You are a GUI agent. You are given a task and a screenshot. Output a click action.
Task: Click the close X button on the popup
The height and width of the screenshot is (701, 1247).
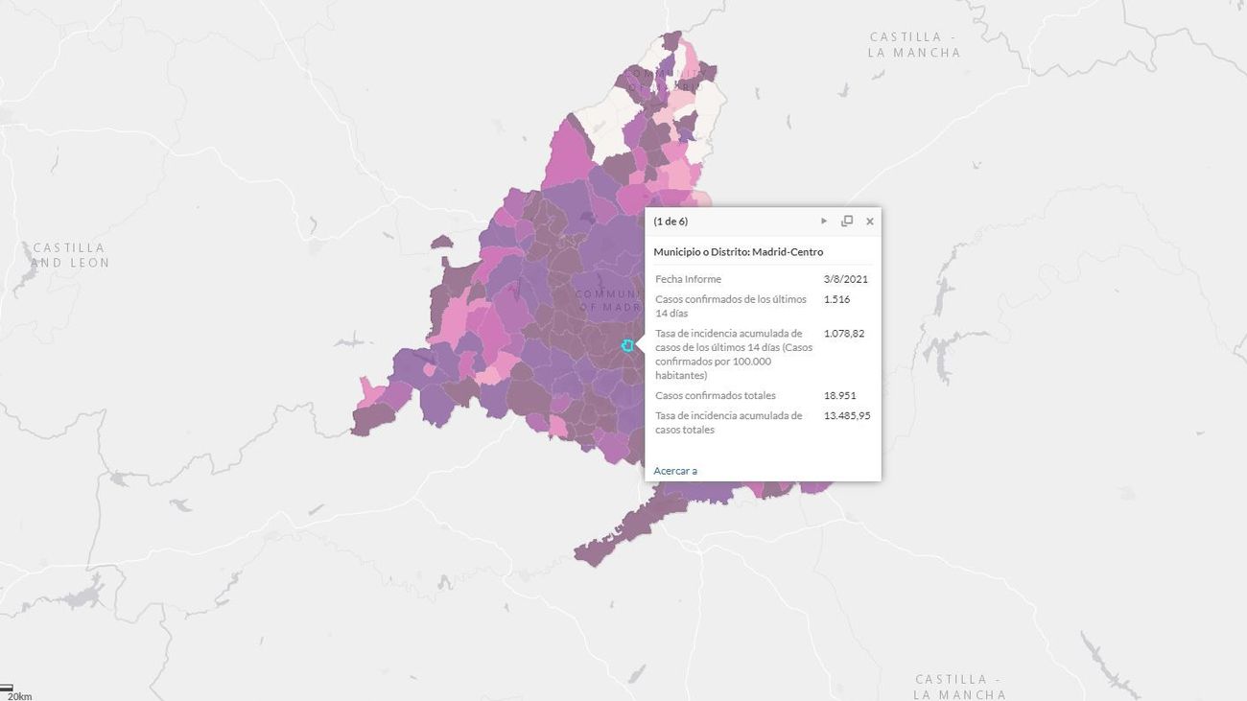[x=870, y=222]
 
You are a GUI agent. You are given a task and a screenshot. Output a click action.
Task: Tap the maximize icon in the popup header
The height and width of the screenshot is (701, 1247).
[x=847, y=222]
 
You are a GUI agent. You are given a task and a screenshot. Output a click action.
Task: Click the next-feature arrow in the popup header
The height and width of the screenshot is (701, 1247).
[x=824, y=222]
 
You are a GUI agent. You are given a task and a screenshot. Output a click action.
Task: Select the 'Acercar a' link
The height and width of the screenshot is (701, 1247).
[x=675, y=471]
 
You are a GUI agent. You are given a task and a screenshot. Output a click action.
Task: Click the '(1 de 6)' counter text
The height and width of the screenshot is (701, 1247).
[x=671, y=222]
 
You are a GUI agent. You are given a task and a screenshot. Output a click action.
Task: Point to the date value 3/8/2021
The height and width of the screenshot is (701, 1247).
[x=845, y=279]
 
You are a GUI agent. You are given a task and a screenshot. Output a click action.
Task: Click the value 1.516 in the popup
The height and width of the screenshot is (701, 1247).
[x=836, y=299]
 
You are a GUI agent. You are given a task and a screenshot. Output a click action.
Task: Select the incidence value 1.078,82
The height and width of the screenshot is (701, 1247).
[x=844, y=334]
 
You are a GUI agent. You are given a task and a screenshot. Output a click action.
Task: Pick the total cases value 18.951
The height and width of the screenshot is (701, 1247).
[x=839, y=395]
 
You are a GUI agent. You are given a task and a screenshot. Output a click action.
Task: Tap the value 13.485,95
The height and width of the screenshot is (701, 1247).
[x=847, y=415]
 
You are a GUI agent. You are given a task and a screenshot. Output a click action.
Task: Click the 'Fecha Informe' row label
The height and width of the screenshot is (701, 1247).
[x=688, y=279]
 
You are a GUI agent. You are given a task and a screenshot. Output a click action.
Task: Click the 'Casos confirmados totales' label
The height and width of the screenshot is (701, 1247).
[x=716, y=395]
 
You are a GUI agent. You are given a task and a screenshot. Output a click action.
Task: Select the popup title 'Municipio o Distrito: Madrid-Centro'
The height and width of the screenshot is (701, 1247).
[x=738, y=251]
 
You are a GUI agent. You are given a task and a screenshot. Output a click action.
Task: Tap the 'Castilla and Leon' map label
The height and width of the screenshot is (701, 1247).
[x=70, y=255]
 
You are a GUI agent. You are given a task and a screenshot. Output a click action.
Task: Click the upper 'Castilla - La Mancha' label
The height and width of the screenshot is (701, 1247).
[x=914, y=45]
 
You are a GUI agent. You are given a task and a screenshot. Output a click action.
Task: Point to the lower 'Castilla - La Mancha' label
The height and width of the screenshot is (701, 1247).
[x=959, y=687]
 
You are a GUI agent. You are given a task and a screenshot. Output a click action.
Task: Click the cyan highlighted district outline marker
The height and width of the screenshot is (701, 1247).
[x=627, y=345]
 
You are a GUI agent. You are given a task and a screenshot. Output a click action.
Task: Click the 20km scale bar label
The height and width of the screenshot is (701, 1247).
[x=19, y=696]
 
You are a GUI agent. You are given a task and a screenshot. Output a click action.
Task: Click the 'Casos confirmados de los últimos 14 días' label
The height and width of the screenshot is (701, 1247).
[x=730, y=306]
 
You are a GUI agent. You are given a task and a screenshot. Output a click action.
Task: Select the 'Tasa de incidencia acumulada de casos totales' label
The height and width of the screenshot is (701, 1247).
[x=728, y=422]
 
